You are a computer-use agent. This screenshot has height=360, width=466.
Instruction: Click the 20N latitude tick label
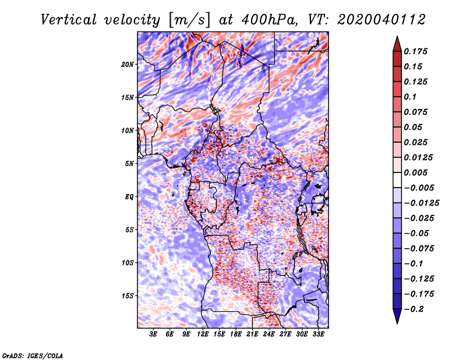coord(128,65)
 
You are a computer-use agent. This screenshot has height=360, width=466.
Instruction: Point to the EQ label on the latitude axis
coord(129,197)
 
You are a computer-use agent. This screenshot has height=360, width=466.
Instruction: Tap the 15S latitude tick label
coord(128,296)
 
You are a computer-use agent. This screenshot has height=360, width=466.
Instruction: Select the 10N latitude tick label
coord(128,130)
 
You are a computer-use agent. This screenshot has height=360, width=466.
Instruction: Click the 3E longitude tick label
coord(153,334)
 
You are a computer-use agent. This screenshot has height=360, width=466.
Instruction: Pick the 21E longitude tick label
coord(252,334)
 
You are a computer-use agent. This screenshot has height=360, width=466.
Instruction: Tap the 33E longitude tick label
coord(318,334)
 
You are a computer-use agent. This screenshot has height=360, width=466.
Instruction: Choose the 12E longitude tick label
coord(203,334)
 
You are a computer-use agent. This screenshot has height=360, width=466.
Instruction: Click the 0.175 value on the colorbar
coord(415,51)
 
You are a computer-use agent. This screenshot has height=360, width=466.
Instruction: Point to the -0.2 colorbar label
coord(414,309)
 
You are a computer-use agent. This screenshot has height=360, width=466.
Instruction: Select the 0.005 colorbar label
coord(415,172)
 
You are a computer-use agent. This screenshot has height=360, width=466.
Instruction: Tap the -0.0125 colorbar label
coord(421,203)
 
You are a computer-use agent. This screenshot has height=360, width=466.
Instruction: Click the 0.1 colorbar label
coord(410,97)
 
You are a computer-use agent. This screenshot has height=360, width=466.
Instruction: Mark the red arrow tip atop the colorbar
coord(397,36)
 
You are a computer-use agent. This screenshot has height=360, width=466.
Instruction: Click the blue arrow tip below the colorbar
coord(397,323)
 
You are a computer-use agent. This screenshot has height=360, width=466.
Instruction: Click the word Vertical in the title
coord(69,20)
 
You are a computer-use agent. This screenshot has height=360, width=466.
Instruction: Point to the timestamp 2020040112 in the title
coord(382,20)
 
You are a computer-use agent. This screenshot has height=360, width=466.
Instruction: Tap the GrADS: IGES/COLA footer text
coord(33,355)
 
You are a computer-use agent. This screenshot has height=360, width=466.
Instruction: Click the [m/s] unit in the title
coord(189,20)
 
